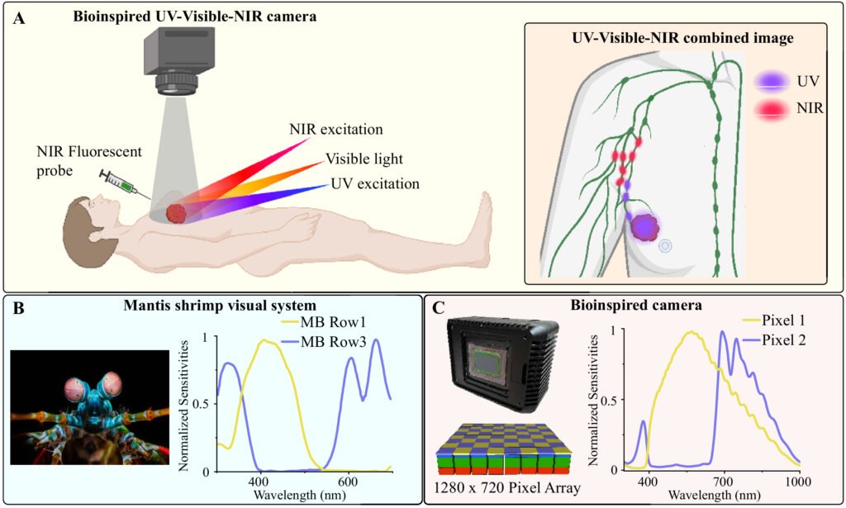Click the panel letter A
[x=18, y=17]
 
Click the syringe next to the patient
[x=118, y=183]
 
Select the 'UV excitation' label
[x=374, y=183]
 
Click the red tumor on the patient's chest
[x=176, y=212]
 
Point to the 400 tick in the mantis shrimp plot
[x=259, y=480]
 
